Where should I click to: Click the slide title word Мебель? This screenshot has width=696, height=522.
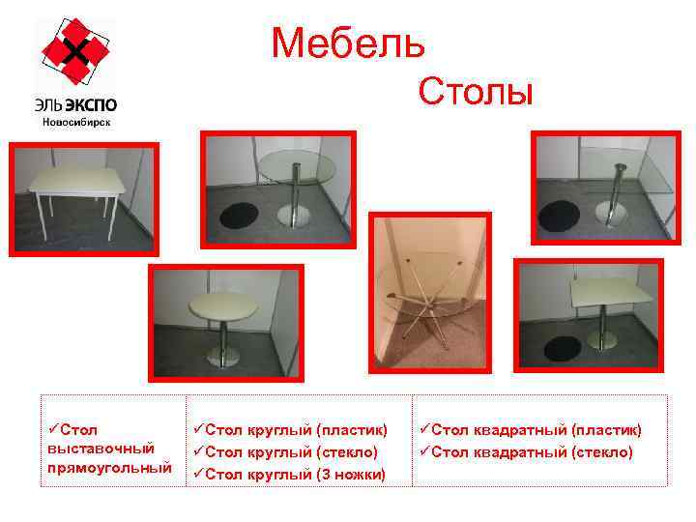click(347, 43)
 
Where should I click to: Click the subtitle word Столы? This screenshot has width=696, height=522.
click(476, 93)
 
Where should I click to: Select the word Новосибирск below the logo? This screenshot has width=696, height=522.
click(75, 122)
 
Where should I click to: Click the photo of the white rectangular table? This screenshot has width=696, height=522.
click(83, 199)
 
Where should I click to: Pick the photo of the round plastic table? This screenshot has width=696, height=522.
click(224, 321)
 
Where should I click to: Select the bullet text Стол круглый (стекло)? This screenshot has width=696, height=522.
click(286, 451)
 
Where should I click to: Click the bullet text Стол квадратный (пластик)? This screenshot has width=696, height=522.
click(530, 429)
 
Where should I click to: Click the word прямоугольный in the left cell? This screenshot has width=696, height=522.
click(108, 468)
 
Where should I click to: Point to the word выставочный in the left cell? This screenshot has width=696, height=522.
click(101, 449)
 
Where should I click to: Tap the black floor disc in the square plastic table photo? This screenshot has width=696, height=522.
click(559, 346)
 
